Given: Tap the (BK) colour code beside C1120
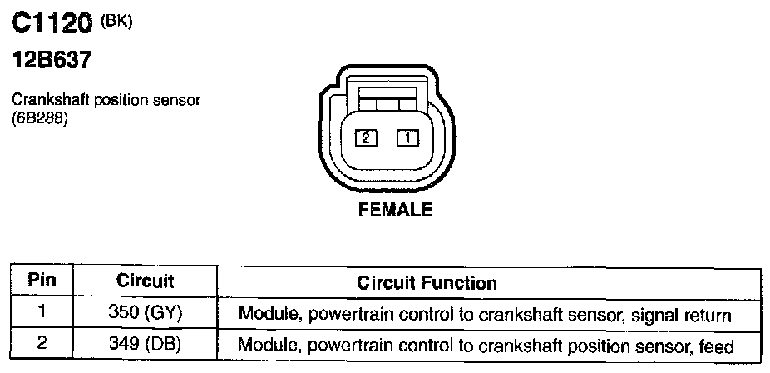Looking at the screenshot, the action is (116, 22).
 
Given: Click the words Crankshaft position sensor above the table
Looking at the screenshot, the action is (106, 100).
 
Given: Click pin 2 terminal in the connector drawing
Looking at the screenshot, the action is (366, 138).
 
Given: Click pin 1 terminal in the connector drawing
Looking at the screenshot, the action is (407, 138).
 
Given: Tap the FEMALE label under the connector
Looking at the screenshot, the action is (395, 211).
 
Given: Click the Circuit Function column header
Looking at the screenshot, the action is (427, 283).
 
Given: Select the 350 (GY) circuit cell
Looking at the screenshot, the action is (146, 315).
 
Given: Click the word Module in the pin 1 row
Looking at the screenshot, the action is (264, 316).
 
